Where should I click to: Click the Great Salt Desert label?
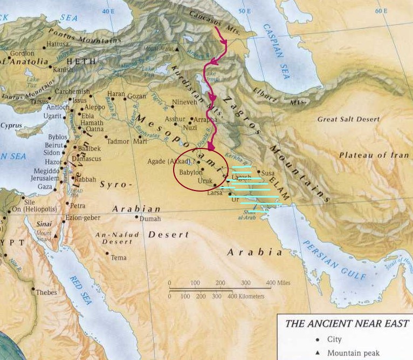tap(343, 120)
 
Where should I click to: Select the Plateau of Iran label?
tap(374, 155)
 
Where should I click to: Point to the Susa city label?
tap(268, 173)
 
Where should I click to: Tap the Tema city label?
tap(119, 258)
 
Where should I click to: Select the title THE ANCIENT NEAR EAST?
tap(347, 324)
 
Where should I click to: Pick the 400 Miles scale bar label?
tap(278, 283)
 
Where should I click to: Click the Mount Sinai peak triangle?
tap(56, 236)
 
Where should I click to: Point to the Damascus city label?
tap(90, 159)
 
